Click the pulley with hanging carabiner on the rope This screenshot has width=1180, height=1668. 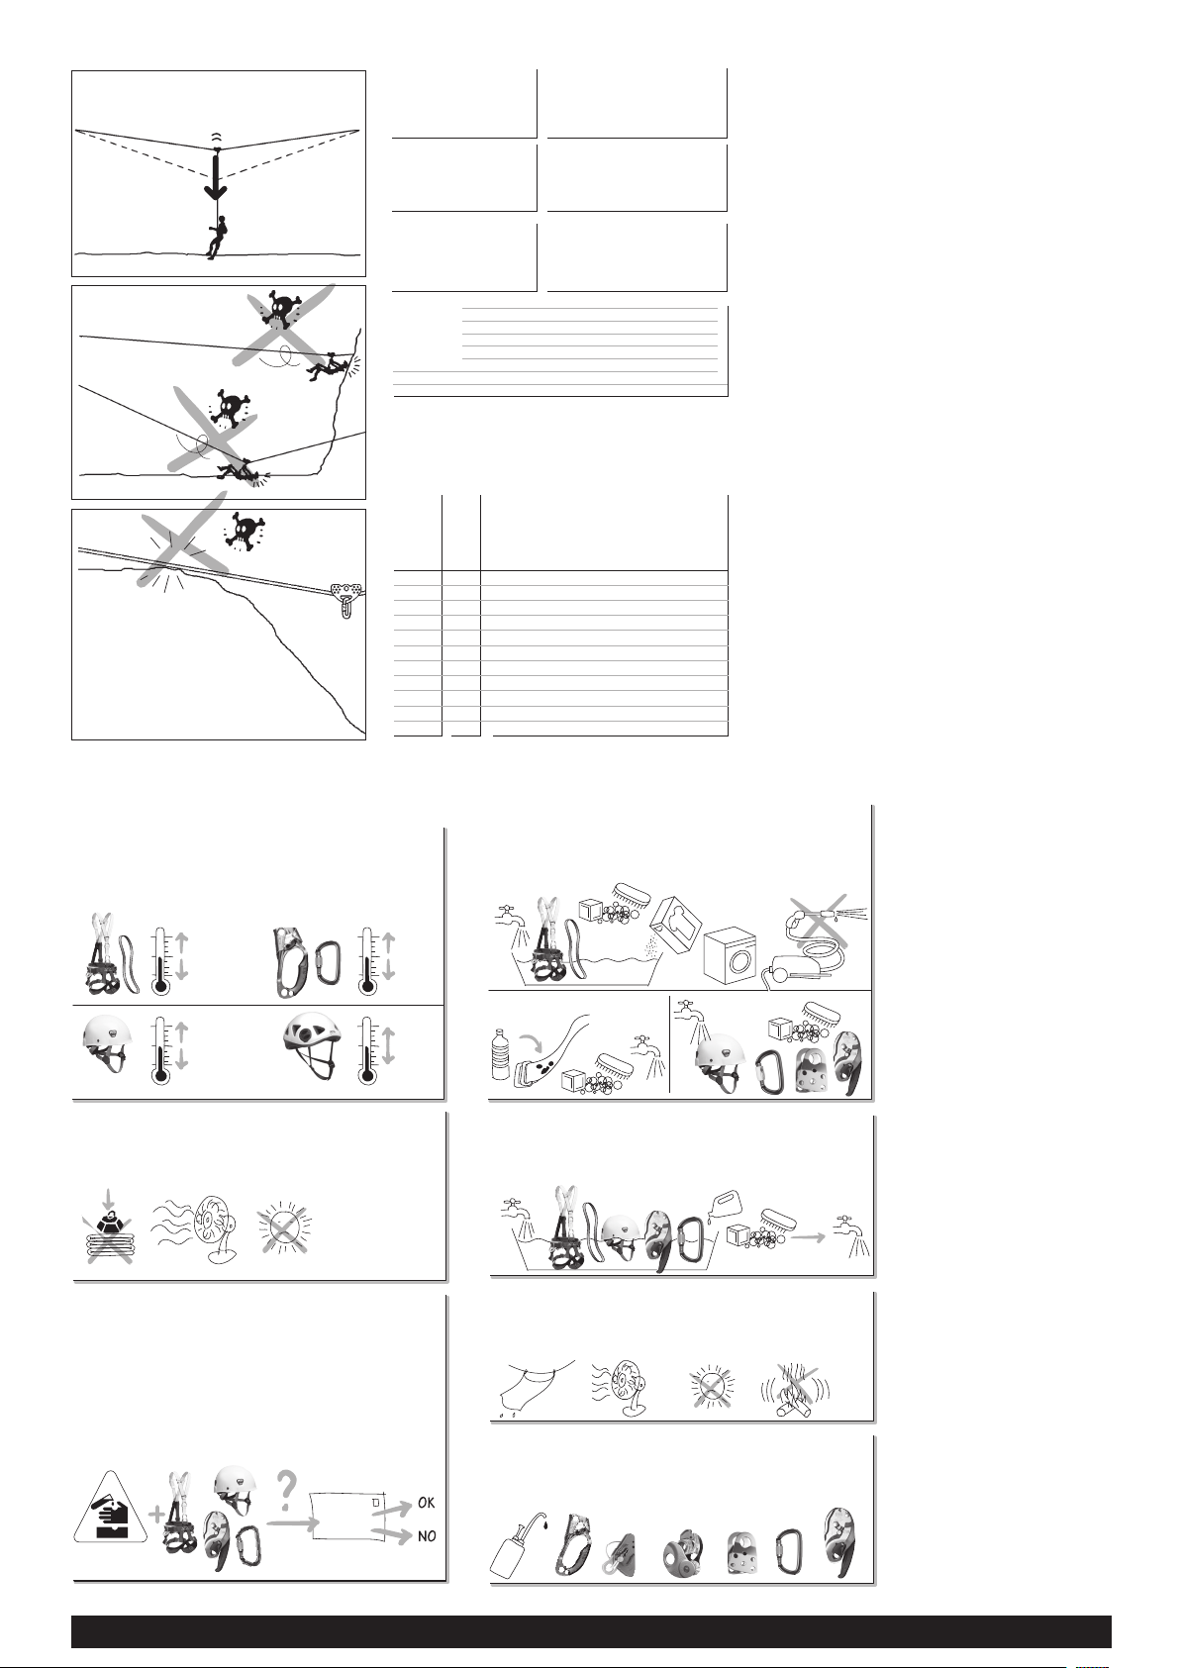(x=347, y=599)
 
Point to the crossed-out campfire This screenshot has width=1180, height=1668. (x=795, y=1389)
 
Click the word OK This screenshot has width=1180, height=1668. (x=427, y=1503)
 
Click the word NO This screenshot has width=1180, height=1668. (x=428, y=1536)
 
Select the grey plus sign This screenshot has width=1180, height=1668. (x=157, y=1514)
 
